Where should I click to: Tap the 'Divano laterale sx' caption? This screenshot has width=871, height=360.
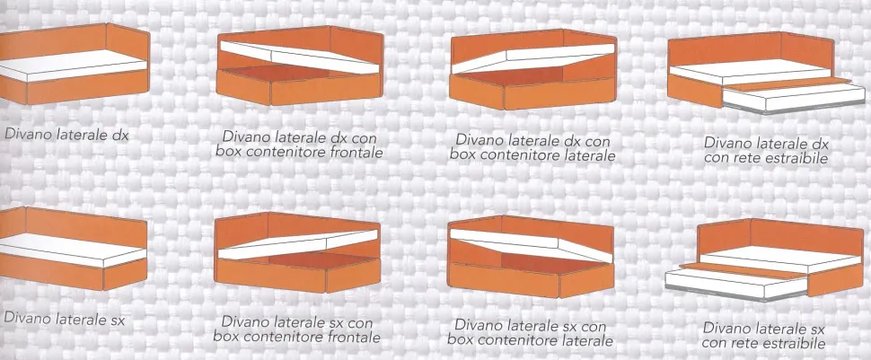point(64,319)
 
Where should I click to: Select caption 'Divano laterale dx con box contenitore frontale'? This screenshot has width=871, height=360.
point(299,144)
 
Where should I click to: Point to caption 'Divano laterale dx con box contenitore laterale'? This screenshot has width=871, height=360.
point(532,146)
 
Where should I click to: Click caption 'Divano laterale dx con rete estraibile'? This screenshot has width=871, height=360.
point(766,150)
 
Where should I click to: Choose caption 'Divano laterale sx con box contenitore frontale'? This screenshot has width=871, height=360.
point(297,329)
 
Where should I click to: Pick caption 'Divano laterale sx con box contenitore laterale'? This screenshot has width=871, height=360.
point(531,332)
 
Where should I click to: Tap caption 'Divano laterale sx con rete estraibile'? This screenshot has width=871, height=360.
point(763,335)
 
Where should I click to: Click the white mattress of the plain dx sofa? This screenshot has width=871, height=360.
point(72,66)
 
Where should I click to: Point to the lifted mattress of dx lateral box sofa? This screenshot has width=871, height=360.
point(533,58)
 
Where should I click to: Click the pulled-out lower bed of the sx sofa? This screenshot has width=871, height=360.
point(736,282)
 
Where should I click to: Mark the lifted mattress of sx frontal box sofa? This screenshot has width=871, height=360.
point(298,244)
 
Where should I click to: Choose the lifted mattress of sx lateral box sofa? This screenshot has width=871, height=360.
point(531,245)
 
